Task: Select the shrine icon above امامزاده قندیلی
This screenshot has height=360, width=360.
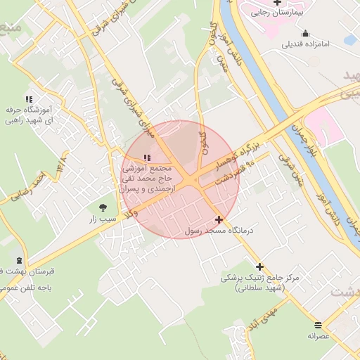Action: tap(305, 33)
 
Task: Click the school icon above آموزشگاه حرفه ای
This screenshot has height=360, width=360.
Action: tap(28, 99)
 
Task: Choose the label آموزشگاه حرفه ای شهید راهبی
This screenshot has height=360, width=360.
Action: tap(30, 115)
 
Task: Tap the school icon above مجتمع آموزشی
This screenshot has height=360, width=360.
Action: tap(146, 158)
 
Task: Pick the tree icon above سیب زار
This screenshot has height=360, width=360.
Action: tap(104, 207)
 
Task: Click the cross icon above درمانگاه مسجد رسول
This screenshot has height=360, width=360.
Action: tap(220, 219)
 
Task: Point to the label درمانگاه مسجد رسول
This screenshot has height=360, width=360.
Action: tap(221, 231)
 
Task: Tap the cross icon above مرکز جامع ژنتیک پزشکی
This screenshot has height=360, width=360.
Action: tap(259, 266)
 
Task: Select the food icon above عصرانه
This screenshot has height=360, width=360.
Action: tap(319, 324)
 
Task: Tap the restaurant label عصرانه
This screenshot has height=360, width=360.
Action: tap(318, 336)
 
